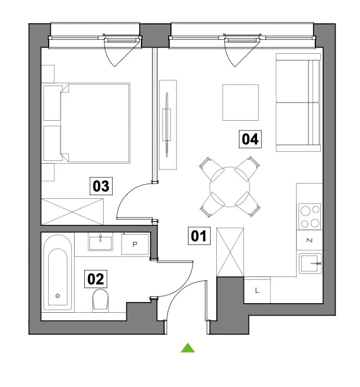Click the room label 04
pyautogui.click(x=250, y=139)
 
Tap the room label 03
pyautogui.click(x=101, y=186)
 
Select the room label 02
pyautogui.click(x=96, y=279)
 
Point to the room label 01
pyautogui.click(x=199, y=236)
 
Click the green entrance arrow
pyautogui.click(x=188, y=348)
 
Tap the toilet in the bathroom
pyautogui.click(x=100, y=300)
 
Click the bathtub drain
pyautogui.click(x=58, y=296)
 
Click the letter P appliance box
pyautogui.click(x=135, y=244)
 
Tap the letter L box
pyautogui.click(x=257, y=291)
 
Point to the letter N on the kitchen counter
pyautogui.click(x=310, y=240)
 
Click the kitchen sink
pyautogui.click(x=310, y=263)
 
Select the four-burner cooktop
pyautogui.click(x=310, y=216)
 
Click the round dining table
pyautogui.click(x=230, y=187)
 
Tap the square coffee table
pyautogui.click(x=241, y=103)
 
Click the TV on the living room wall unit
pyautogui.click(x=167, y=125)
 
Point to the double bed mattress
pyautogui.click(x=95, y=123)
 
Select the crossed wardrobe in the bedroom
pyautogui.click(x=72, y=212)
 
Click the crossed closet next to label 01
pyautogui.click(x=230, y=252)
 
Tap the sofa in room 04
pyautogui.click(x=298, y=102)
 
